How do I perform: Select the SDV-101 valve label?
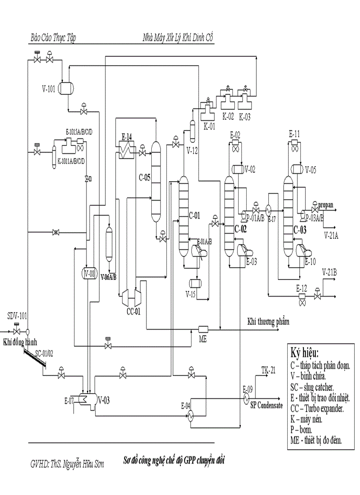coord(17,316)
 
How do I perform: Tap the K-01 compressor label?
coord(210,125)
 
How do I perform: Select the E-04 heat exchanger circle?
coord(190,415)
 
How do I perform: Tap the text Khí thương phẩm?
coord(268,321)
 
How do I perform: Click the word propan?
coord(326,204)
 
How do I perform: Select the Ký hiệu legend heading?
coord(305,354)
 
